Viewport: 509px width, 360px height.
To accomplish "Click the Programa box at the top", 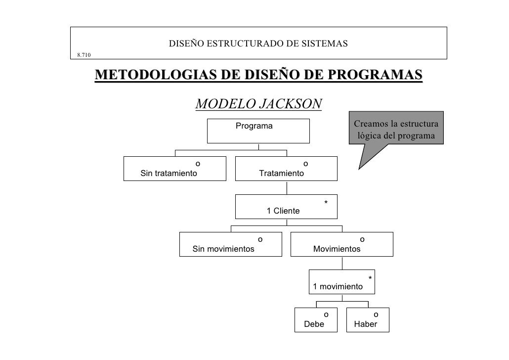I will (x=258, y=131).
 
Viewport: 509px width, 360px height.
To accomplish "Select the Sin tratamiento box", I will (x=174, y=169).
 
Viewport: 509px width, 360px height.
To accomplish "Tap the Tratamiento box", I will (x=286, y=169).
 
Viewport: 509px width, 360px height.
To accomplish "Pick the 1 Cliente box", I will (x=286, y=207).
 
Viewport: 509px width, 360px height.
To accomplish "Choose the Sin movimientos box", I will (x=230, y=244).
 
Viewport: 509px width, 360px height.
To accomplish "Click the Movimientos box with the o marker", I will (x=342, y=244).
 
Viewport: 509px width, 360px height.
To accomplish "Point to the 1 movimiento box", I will (x=342, y=282).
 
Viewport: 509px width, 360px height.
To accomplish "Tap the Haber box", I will (x=368, y=319).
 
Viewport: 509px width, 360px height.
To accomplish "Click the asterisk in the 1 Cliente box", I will (x=326, y=203).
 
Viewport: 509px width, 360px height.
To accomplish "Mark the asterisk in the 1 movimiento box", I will (x=370, y=278).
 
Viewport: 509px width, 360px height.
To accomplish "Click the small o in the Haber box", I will (x=376, y=314).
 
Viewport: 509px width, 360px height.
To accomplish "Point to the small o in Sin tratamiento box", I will (x=198, y=163).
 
